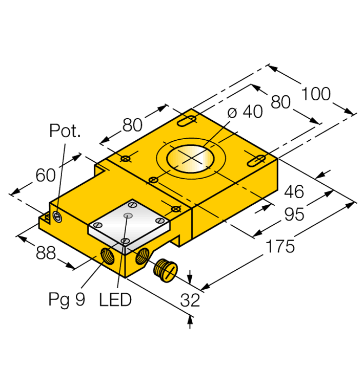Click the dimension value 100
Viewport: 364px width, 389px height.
pos(316,95)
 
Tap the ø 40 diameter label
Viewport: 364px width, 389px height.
pos(244,112)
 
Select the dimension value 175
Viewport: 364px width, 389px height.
pos(279,246)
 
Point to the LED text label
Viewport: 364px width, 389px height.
pos(115,299)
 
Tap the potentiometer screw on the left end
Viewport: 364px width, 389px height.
pos(57,219)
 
